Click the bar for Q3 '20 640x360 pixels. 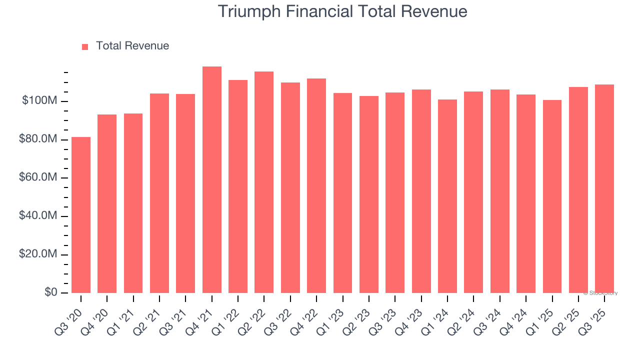81,215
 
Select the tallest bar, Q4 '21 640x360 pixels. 212,180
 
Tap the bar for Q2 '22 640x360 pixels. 264,182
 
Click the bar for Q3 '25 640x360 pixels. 604,188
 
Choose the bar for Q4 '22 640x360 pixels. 316,185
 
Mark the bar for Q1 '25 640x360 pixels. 552,196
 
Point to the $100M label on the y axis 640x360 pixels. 39,101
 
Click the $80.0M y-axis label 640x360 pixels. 38,139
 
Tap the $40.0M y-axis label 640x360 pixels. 38,216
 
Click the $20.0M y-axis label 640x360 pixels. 38,254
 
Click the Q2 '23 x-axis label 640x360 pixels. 360,316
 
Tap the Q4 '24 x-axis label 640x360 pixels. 517,316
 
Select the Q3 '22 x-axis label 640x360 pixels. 281,316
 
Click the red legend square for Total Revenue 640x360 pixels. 85,46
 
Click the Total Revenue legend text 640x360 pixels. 132,46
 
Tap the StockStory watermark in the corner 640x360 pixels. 600,293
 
